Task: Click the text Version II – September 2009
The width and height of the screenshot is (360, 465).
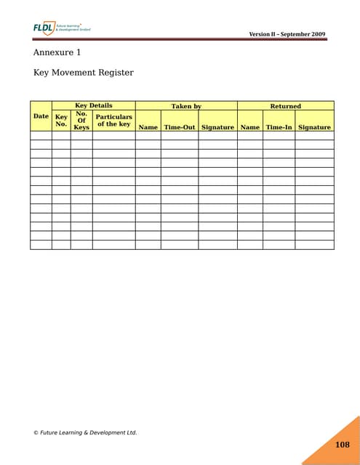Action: (x=287, y=35)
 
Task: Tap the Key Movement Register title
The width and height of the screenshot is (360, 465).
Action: (x=84, y=73)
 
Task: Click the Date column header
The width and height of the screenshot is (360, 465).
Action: (x=41, y=116)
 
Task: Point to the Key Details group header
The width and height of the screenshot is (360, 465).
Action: (x=94, y=106)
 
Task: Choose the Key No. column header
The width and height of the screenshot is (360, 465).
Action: (x=61, y=120)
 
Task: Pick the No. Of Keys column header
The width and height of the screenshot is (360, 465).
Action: (x=81, y=120)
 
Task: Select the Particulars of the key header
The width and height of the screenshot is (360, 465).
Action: (x=114, y=120)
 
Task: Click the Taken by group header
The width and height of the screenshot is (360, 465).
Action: (x=186, y=106)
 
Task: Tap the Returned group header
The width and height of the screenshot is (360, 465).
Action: (x=285, y=106)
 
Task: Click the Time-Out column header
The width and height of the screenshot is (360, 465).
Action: (x=180, y=127)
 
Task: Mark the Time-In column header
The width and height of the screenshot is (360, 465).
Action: (x=279, y=127)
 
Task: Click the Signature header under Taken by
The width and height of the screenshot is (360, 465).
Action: (x=217, y=127)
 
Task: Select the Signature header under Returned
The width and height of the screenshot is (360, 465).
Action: (x=314, y=127)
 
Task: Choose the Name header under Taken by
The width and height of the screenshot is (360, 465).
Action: (x=148, y=127)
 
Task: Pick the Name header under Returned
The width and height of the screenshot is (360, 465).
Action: (x=250, y=127)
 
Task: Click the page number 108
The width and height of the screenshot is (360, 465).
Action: (x=343, y=445)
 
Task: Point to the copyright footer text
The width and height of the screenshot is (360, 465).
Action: (x=85, y=432)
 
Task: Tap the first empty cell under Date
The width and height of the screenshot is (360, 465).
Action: (x=41, y=135)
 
